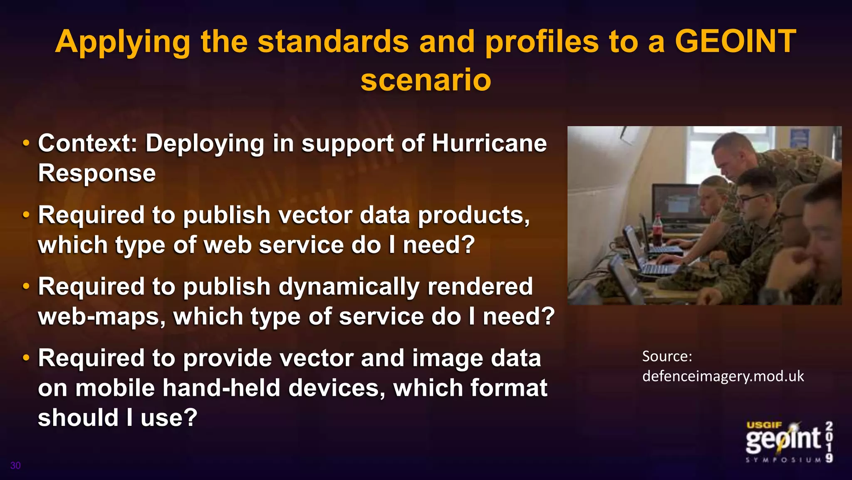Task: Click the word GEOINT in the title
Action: pyautogui.click(x=735, y=42)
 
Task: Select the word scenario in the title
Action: pyautogui.click(x=426, y=80)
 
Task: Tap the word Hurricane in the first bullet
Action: pyautogui.click(x=489, y=143)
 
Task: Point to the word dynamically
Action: pyautogui.click(x=349, y=287)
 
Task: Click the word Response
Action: pyautogui.click(x=97, y=173)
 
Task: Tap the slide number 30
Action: pyautogui.click(x=15, y=465)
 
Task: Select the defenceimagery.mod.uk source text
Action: pyautogui.click(x=723, y=376)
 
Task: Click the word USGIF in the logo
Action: pyautogui.click(x=764, y=425)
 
